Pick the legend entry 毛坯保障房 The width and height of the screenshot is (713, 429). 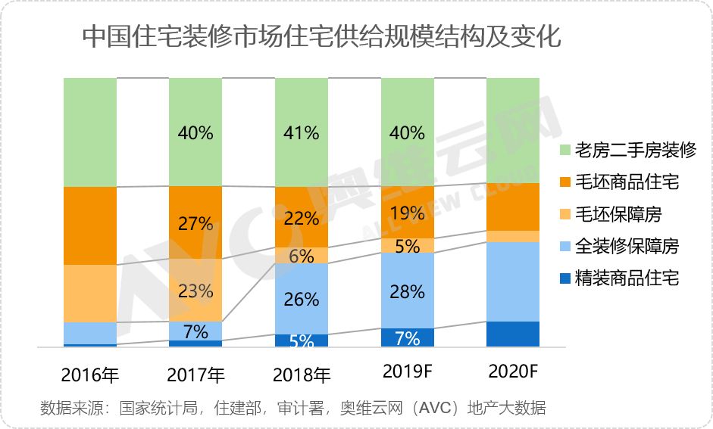(x=618, y=214)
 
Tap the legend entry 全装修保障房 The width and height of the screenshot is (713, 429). (x=627, y=246)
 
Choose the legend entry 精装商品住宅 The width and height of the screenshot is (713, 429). (x=627, y=278)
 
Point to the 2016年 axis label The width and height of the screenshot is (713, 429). (x=90, y=375)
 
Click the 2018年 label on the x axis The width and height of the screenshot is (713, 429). (x=301, y=375)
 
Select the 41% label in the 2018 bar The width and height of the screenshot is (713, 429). (x=301, y=133)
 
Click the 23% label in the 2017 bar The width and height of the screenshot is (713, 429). (x=195, y=291)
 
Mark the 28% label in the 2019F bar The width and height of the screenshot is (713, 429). (x=407, y=292)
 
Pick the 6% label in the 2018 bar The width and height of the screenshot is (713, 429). (x=301, y=256)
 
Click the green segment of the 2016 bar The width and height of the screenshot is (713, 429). (x=90, y=132)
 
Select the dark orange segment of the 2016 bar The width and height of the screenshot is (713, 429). (x=90, y=225)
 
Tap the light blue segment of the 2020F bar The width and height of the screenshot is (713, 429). (x=512, y=281)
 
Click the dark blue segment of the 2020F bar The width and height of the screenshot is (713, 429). (x=512, y=334)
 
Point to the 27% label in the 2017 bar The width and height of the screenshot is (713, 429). (x=195, y=224)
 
